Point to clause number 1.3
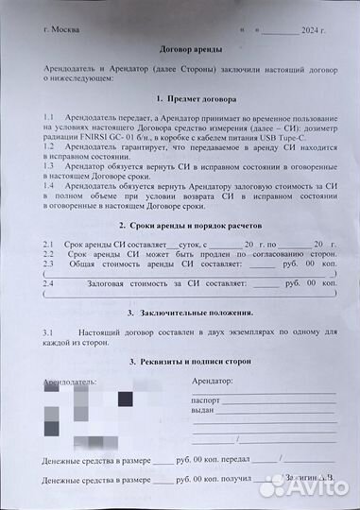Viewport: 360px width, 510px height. click(x=49, y=163)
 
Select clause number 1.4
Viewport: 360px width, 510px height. click(x=49, y=184)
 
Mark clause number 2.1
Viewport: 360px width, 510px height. click(x=49, y=245)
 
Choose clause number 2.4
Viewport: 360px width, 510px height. click(x=49, y=282)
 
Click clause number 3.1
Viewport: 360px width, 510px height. click(x=49, y=333)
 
